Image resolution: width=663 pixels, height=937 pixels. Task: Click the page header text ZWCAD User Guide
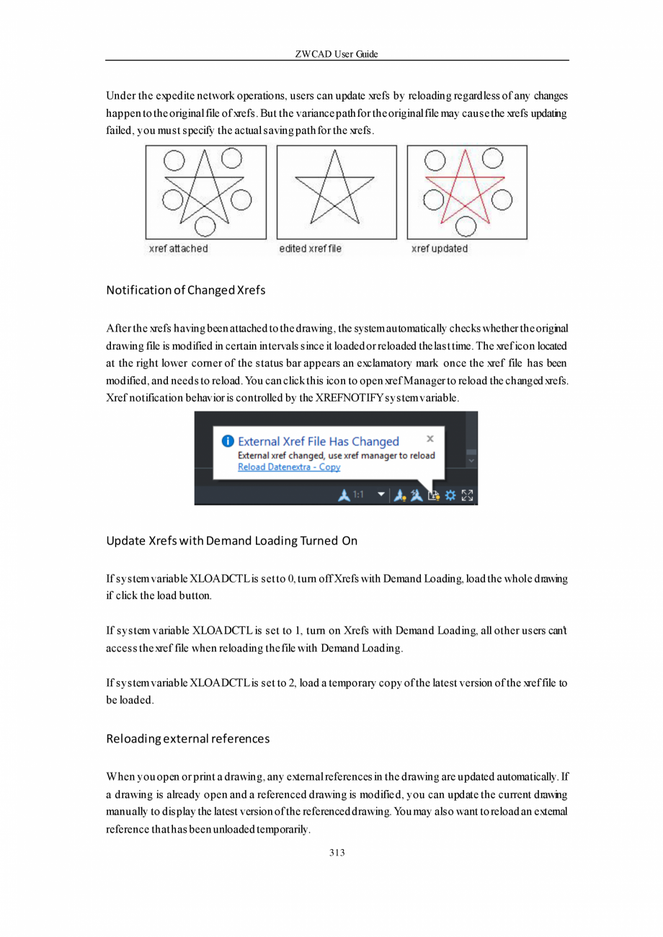[x=337, y=55]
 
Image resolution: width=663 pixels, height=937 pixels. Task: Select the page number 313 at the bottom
[x=337, y=853]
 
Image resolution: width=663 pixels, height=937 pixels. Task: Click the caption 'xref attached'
[x=178, y=249]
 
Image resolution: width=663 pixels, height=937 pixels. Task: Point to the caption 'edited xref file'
[x=310, y=249]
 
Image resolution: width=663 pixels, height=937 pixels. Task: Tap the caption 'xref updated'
[x=439, y=249]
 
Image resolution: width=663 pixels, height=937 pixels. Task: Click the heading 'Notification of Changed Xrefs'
[x=186, y=290]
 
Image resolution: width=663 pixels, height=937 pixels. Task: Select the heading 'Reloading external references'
[x=188, y=739]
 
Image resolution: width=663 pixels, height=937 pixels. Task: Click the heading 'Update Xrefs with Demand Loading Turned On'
[x=231, y=541]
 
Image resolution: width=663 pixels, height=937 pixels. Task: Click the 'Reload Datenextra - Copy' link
[x=289, y=467]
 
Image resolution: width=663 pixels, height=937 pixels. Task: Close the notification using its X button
[x=430, y=438]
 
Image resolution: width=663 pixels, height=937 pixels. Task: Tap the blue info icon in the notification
[x=227, y=440]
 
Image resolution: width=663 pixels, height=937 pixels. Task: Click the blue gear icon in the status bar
[x=450, y=495]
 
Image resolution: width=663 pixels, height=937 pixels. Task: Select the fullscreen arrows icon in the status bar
[x=468, y=495]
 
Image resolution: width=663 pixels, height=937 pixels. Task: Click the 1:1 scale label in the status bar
[x=358, y=495]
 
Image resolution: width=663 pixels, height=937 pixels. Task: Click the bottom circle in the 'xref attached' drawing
[x=205, y=226]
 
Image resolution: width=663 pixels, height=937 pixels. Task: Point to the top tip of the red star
[x=466, y=150]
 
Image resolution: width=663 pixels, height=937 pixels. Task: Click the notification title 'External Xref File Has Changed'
[x=319, y=441]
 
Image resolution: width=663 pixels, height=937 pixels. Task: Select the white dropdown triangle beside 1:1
[x=382, y=495]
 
